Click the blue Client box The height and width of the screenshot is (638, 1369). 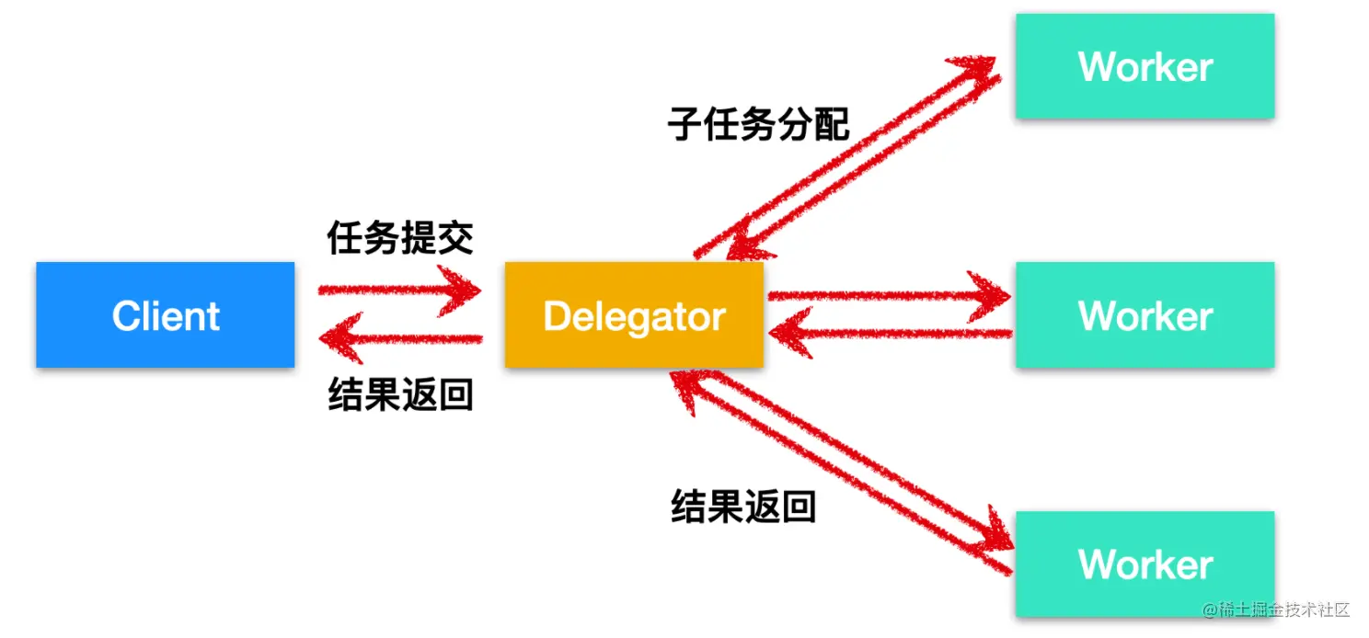click(x=165, y=314)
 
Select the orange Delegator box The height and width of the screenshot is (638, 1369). click(x=634, y=314)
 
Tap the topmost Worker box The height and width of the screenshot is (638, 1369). click(x=1145, y=66)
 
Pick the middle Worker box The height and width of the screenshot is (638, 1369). click(x=1145, y=314)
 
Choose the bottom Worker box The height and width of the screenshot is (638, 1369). click(x=1145, y=564)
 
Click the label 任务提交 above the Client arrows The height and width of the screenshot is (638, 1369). click(x=400, y=237)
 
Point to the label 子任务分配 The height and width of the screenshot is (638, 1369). click(x=758, y=124)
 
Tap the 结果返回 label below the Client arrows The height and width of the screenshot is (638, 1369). click(x=401, y=393)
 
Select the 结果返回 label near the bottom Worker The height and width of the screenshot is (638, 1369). click(x=743, y=507)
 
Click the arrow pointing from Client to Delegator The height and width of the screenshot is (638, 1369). click(x=399, y=290)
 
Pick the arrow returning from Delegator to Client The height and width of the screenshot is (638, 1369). click(x=401, y=338)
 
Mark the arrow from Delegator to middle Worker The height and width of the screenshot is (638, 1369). click(x=890, y=296)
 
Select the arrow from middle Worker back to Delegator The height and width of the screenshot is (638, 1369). click(x=890, y=333)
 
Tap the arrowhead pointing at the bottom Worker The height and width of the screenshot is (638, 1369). click(x=996, y=531)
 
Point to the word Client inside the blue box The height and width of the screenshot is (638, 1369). click(x=166, y=315)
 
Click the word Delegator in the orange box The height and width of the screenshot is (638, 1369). click(x=635, y=317)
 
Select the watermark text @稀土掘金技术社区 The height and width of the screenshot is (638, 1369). click(x=1275, y=610)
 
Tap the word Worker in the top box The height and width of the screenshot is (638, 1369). click(x=1145, y=66)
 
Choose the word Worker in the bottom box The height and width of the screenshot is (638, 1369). click(x=1145, y=564)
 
